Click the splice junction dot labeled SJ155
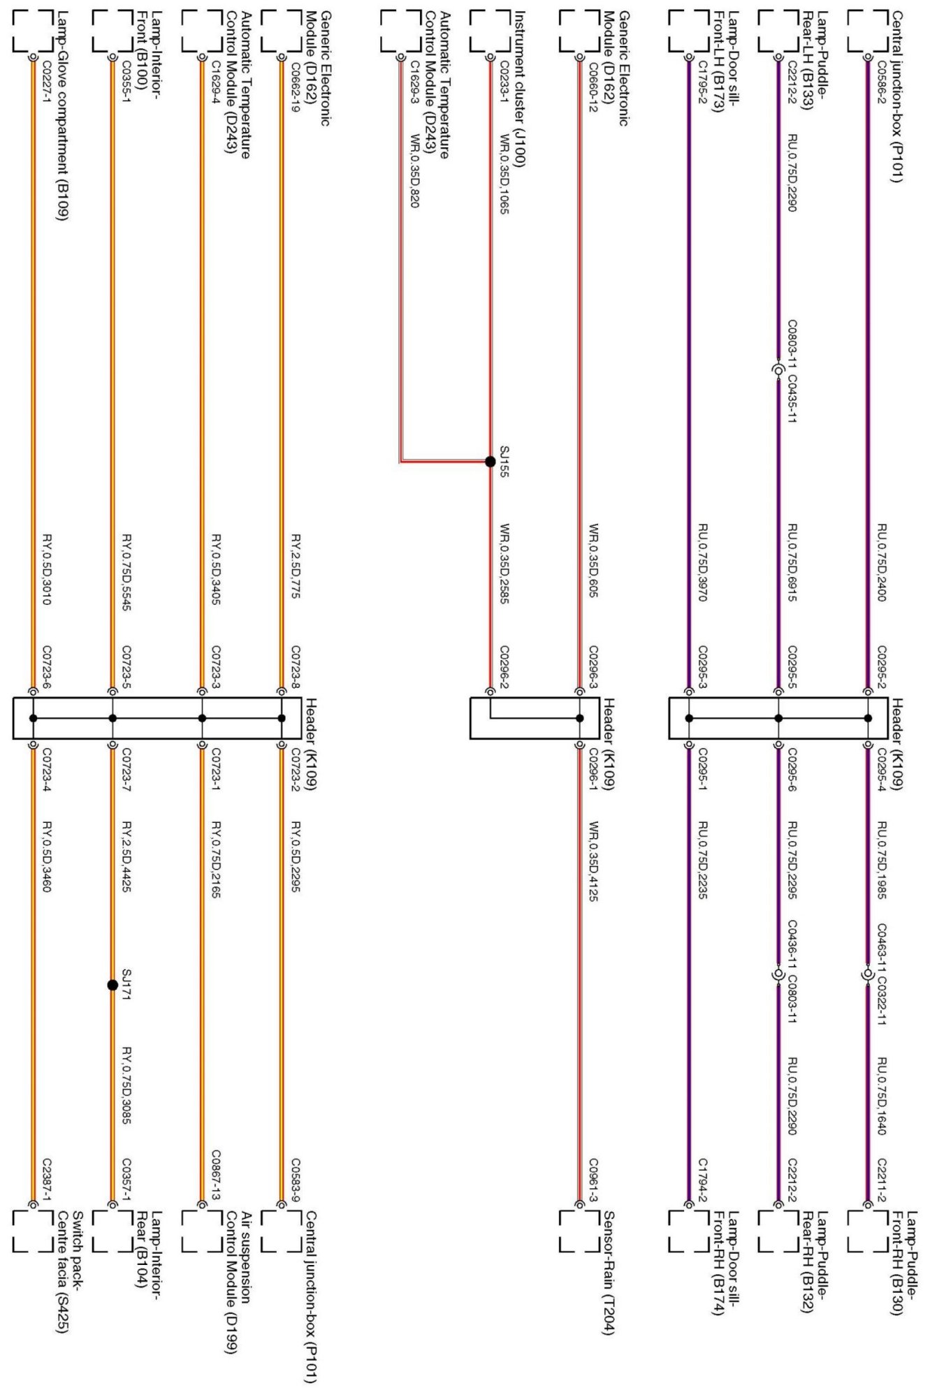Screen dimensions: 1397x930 click(x=491, y=461)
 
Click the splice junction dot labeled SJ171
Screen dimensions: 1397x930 click(x=112, y=985)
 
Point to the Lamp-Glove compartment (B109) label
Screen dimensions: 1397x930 click(x=61, y=115)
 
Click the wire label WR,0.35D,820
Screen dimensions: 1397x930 click(x=414, y=170)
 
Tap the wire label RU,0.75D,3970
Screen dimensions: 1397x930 click(x=704, y=562)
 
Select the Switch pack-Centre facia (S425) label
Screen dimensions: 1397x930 click(x=70, y=1271)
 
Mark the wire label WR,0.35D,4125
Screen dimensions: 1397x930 click(x=593, y=861)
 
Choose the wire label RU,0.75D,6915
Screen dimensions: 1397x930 click(x=792, y=562)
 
